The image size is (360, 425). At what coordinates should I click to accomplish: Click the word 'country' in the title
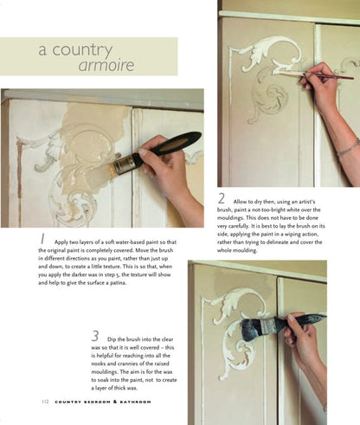click(x=81, y=50)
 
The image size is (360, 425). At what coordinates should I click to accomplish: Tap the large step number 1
click(x=42, y=236)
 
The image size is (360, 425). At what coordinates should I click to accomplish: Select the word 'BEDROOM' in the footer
click(x=93, y=401)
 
